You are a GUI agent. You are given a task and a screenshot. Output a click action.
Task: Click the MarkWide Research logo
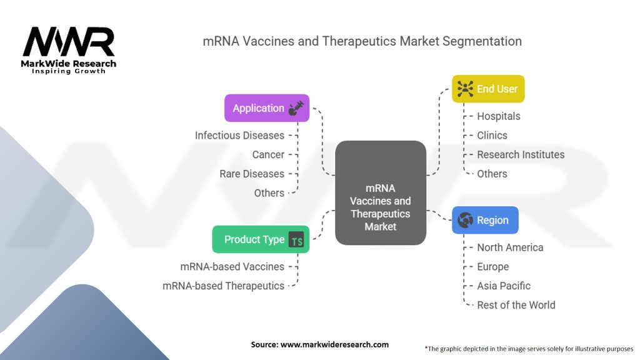(69, 50)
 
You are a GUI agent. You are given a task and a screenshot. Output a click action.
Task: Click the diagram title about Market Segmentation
(362, 42)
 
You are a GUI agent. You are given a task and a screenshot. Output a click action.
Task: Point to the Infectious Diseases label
(239, 135)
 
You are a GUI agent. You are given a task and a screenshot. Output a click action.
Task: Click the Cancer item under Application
(268, 154)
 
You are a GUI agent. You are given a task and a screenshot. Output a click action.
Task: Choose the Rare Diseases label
(252, 174)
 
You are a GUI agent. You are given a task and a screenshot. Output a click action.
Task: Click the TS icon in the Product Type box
(296, 240)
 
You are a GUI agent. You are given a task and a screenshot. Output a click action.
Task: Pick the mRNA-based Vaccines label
(232, 266)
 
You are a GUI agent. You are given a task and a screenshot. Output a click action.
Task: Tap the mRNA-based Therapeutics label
(223, 286)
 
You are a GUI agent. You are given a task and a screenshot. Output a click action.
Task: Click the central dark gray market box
(380, 192)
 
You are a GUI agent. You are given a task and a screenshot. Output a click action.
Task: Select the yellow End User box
(488, 89)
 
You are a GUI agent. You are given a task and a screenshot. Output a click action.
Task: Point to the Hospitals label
(498, 116)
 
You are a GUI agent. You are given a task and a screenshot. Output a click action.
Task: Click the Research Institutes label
(520, 154)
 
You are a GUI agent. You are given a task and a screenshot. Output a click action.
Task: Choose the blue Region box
(485, 220)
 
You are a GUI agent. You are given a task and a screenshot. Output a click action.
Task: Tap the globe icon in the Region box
(465, 220)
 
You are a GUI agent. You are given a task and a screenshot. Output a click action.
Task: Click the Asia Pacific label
(503, 286)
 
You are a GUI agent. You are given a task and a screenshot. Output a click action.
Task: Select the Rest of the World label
(516, 305)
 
